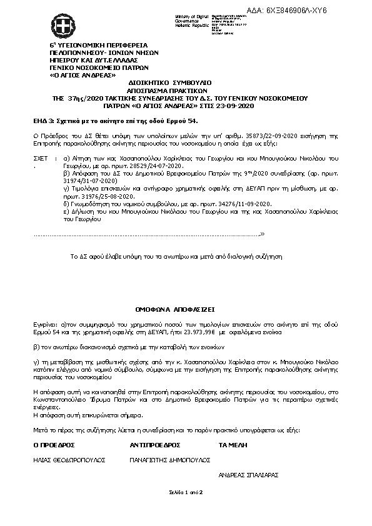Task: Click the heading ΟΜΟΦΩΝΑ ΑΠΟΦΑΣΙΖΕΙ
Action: (174, 309)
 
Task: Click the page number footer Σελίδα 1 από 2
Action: (186, 493)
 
